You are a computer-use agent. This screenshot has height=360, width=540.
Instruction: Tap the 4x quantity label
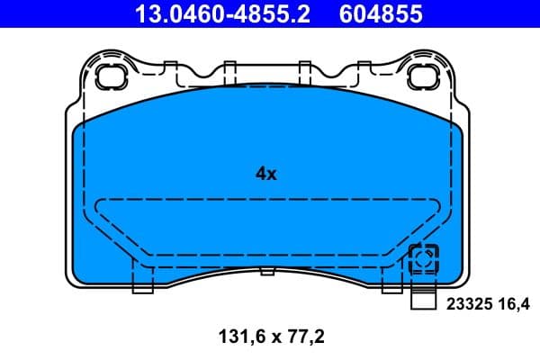(265, 175)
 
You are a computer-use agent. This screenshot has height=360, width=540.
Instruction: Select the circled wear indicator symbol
(423, 260)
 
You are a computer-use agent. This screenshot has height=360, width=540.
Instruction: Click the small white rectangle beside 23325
(423, 303)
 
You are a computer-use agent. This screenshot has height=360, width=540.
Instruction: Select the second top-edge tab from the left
(229, 68)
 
